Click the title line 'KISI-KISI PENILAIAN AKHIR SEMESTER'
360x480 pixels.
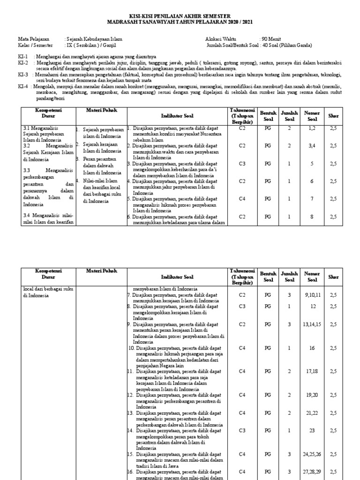(180, 16)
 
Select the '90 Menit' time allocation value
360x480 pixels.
(271, 39)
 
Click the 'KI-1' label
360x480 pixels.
(23, 56)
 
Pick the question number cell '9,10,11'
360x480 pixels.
(312, 295)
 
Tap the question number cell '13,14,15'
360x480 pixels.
(312, 324)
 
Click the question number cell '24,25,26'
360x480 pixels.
(312, 454)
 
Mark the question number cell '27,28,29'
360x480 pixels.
(312, 472)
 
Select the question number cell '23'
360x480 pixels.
(312, 430)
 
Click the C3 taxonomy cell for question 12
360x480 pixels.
(242, 306)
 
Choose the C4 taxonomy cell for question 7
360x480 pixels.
(242, 199)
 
